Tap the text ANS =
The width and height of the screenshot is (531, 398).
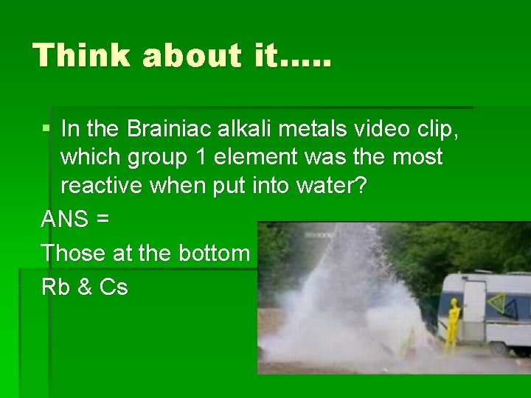pyautogui.click(x=76, y=219)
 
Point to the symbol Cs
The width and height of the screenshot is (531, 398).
pyautogui.click(x=113, y=287)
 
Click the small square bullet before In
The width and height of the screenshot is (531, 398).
pyautogui.click(x=47, y=128)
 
